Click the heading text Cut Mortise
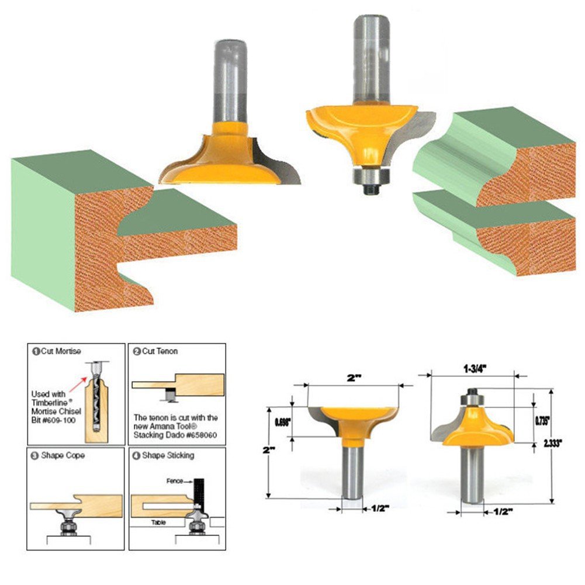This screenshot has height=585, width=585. coord(60,351)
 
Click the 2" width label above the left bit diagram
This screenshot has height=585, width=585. coord(354,378)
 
